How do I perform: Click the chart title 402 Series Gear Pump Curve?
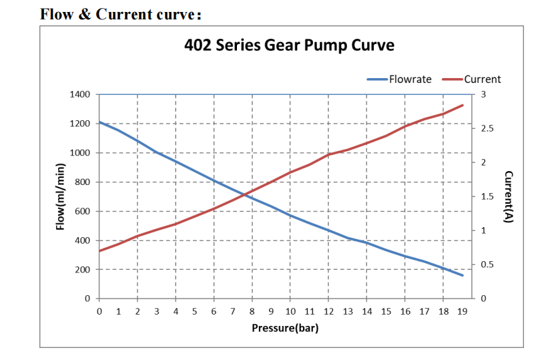(289, 45)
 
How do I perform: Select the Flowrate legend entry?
(410, 79)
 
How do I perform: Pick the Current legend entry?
(482, 79)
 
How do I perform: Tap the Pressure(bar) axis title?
(284, 328)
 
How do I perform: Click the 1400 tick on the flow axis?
(80, 94)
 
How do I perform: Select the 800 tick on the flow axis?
(83, 182)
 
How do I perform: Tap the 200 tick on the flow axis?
(83, 269)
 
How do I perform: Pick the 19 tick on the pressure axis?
(462, 311)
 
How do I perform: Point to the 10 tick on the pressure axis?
(290, 311)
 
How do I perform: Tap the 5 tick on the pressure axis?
(195, 311)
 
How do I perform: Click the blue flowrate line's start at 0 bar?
(99, 122)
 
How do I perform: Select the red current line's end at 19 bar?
(463, 105)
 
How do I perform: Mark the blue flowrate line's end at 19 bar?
(463, 275)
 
